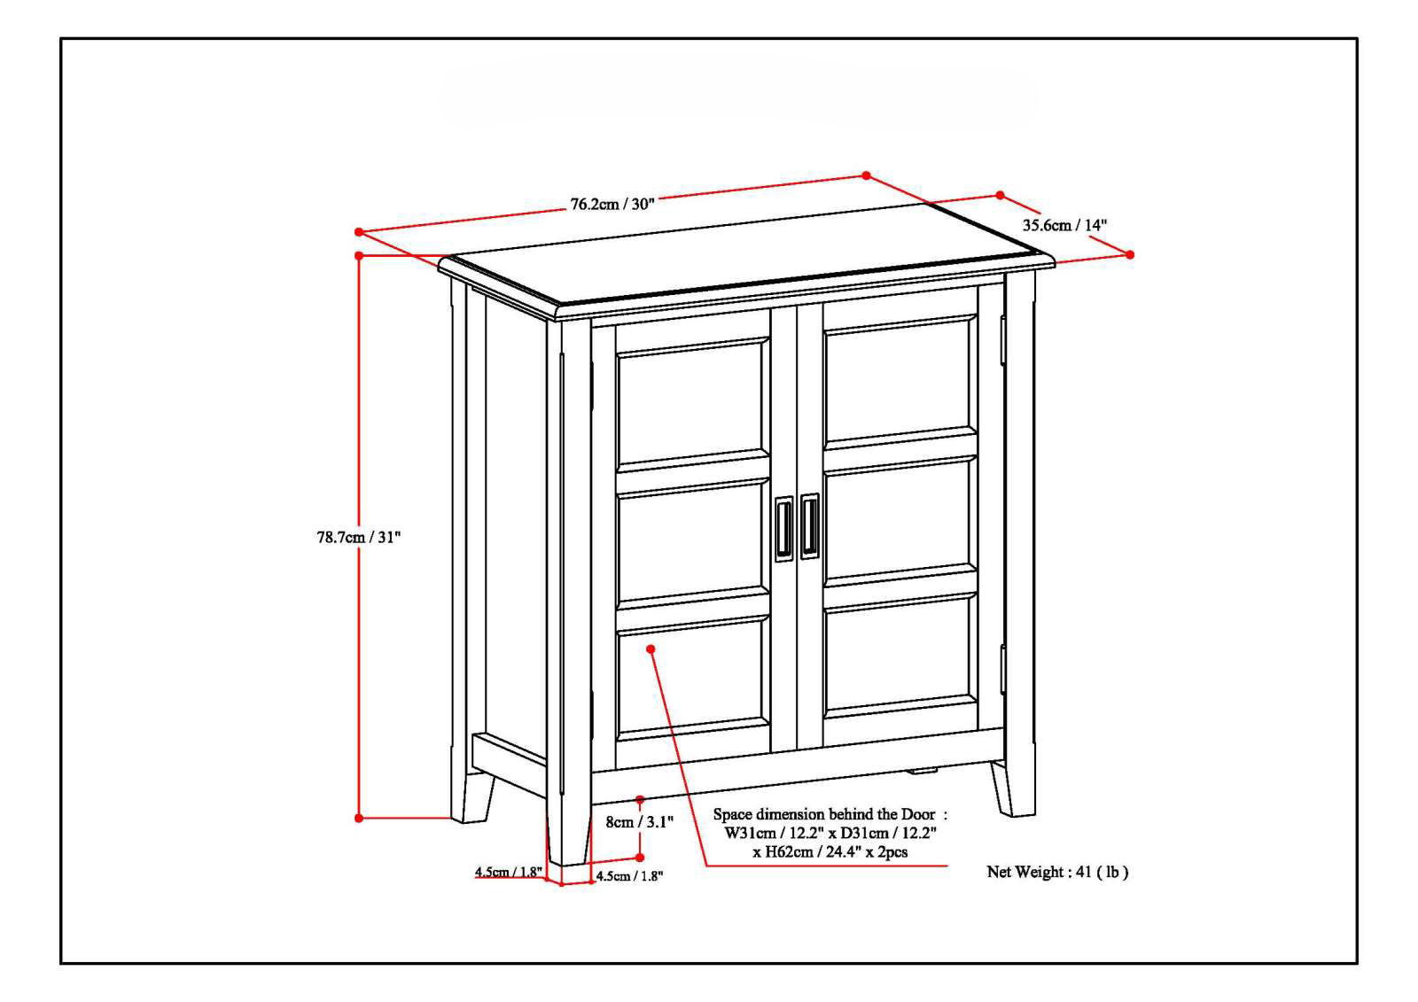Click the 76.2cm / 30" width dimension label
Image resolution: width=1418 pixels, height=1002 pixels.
click(x=612, y=204)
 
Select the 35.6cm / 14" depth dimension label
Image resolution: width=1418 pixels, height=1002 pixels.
click(x=1064, y=225)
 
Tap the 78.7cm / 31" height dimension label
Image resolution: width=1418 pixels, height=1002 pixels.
click(x=359, y=536)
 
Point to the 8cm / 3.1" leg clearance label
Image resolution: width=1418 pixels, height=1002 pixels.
click(x=639, y=821)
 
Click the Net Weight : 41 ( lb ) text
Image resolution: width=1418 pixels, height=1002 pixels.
click(x=1057, y=872)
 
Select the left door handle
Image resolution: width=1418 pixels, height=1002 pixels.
click(x=784, y=529)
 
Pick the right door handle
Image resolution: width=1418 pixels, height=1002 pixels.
click(x=810, y=526)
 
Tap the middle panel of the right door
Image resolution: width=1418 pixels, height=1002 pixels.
click(x=900, y=521)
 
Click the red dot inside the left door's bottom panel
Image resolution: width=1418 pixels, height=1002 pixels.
click(x=651, y=649)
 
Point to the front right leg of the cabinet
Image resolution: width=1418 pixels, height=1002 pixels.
click(x=1014, y=788)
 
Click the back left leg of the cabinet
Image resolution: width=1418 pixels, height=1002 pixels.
click(x=473, y=797)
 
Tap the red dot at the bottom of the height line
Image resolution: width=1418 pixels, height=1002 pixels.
click(x=359, y=818)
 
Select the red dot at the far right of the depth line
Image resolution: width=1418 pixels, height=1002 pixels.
click(x=1130, y=254)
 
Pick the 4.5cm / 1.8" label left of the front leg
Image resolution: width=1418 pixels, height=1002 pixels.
click(x=508, y=872)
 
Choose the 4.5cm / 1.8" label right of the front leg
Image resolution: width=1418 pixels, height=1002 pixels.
click(x=629, y=876)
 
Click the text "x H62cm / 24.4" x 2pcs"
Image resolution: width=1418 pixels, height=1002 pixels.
click(x=830, y=852)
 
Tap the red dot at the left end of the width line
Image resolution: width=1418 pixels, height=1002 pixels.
click(x=359, y=232)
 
